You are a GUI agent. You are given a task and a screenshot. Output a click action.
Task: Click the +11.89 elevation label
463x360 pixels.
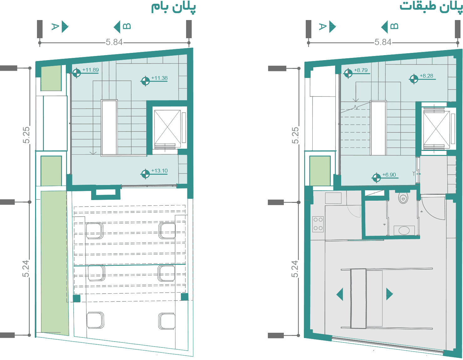(x=91, y=70)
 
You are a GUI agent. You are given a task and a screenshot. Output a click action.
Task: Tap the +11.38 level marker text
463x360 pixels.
(x=159, y=78)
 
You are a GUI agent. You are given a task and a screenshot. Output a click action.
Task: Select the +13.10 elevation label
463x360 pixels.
(x=159, y=171)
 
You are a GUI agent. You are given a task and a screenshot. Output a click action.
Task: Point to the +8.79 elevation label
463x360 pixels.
(x=361, y=70)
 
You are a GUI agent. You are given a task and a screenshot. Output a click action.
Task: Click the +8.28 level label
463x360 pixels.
(x=427, y=76)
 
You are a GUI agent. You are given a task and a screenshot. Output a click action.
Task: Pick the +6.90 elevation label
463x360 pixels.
(x=389, y=175)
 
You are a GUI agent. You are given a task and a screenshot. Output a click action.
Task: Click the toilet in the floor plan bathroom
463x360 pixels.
(x=403, y=198)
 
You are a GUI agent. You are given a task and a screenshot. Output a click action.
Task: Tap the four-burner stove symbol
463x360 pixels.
(x=318, y=224)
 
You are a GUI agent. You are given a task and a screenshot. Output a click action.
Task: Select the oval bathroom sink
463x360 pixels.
(x=404, y=231)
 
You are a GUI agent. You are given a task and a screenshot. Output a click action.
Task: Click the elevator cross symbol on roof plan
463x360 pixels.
(x=168, y=129)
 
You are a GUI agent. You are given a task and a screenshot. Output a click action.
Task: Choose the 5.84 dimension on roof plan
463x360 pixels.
(x=114, y=42)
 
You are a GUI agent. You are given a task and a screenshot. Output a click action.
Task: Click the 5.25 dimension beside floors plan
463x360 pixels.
(x=295, y=135)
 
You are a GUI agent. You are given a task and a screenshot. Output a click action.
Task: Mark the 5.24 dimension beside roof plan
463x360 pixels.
(x=26, y=269)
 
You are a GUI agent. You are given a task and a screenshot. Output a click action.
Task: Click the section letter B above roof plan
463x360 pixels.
(x=127, y=26)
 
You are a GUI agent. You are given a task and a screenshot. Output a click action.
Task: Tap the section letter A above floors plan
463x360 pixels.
(x=322, y=27)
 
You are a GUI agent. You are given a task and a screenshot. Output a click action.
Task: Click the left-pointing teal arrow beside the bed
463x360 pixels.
(x=340, y=294)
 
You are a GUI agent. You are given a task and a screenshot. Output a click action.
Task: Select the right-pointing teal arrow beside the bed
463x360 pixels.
(x=389, y=294)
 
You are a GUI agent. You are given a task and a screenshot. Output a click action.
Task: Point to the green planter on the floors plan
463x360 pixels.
(x=320, y=171)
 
